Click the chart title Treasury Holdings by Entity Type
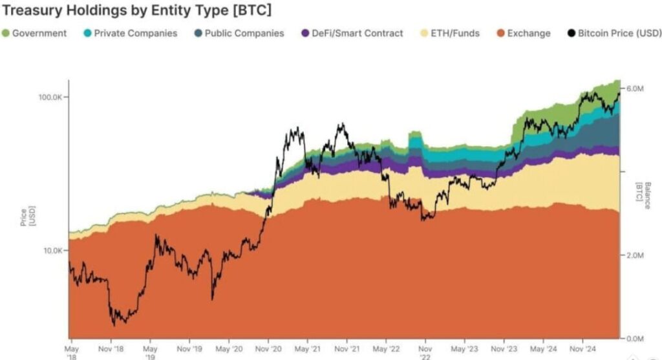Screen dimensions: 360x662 tap(136, 10)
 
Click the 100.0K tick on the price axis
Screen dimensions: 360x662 tap(48, 97)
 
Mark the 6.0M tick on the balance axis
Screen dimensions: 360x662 tap(635, 88)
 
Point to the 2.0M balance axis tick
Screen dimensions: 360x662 tap(635, 255)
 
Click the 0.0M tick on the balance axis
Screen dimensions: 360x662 tap(635, 339)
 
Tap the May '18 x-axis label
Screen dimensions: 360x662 tap(72, 352)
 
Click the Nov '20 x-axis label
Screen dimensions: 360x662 tap(268, 348)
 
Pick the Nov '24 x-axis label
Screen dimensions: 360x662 tap(582, 348)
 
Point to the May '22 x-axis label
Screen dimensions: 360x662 tap(385, 348)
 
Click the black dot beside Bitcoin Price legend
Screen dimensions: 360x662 tap(571, 33)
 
